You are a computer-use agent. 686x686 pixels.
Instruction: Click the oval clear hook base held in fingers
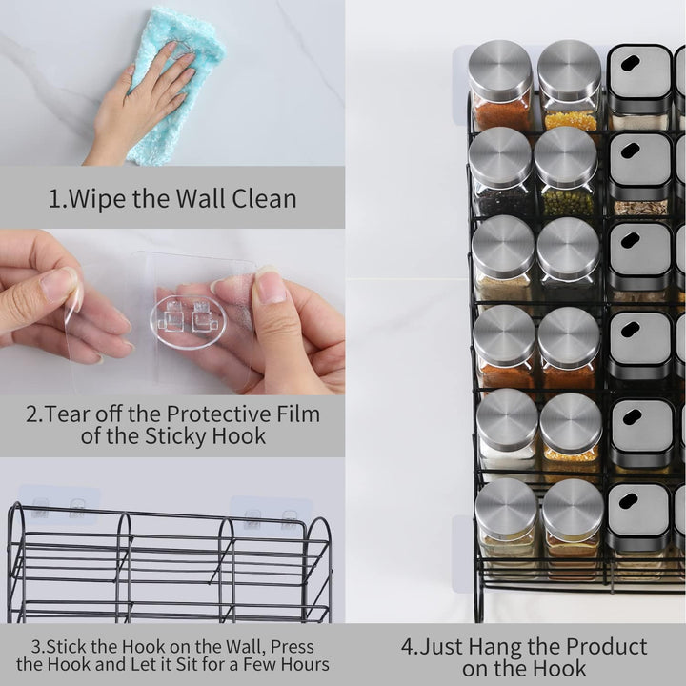pos(188,322)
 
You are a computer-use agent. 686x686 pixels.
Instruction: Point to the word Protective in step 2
pos(218,414)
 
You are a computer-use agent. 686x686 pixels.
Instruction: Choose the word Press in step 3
pos(293,647)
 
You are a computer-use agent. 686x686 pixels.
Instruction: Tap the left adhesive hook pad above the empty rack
pos(59,505)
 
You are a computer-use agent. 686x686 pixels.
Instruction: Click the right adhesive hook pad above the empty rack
pos(271,517)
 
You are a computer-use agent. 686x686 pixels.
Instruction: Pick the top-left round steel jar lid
pos(500,70)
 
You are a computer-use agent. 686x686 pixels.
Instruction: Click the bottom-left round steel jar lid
pos(506,507)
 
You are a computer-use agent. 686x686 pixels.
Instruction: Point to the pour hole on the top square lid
pos(630,64)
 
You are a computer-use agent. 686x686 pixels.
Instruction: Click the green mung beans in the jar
pos(568,202)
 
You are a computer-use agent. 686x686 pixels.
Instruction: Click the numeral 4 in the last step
pos(408,647)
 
